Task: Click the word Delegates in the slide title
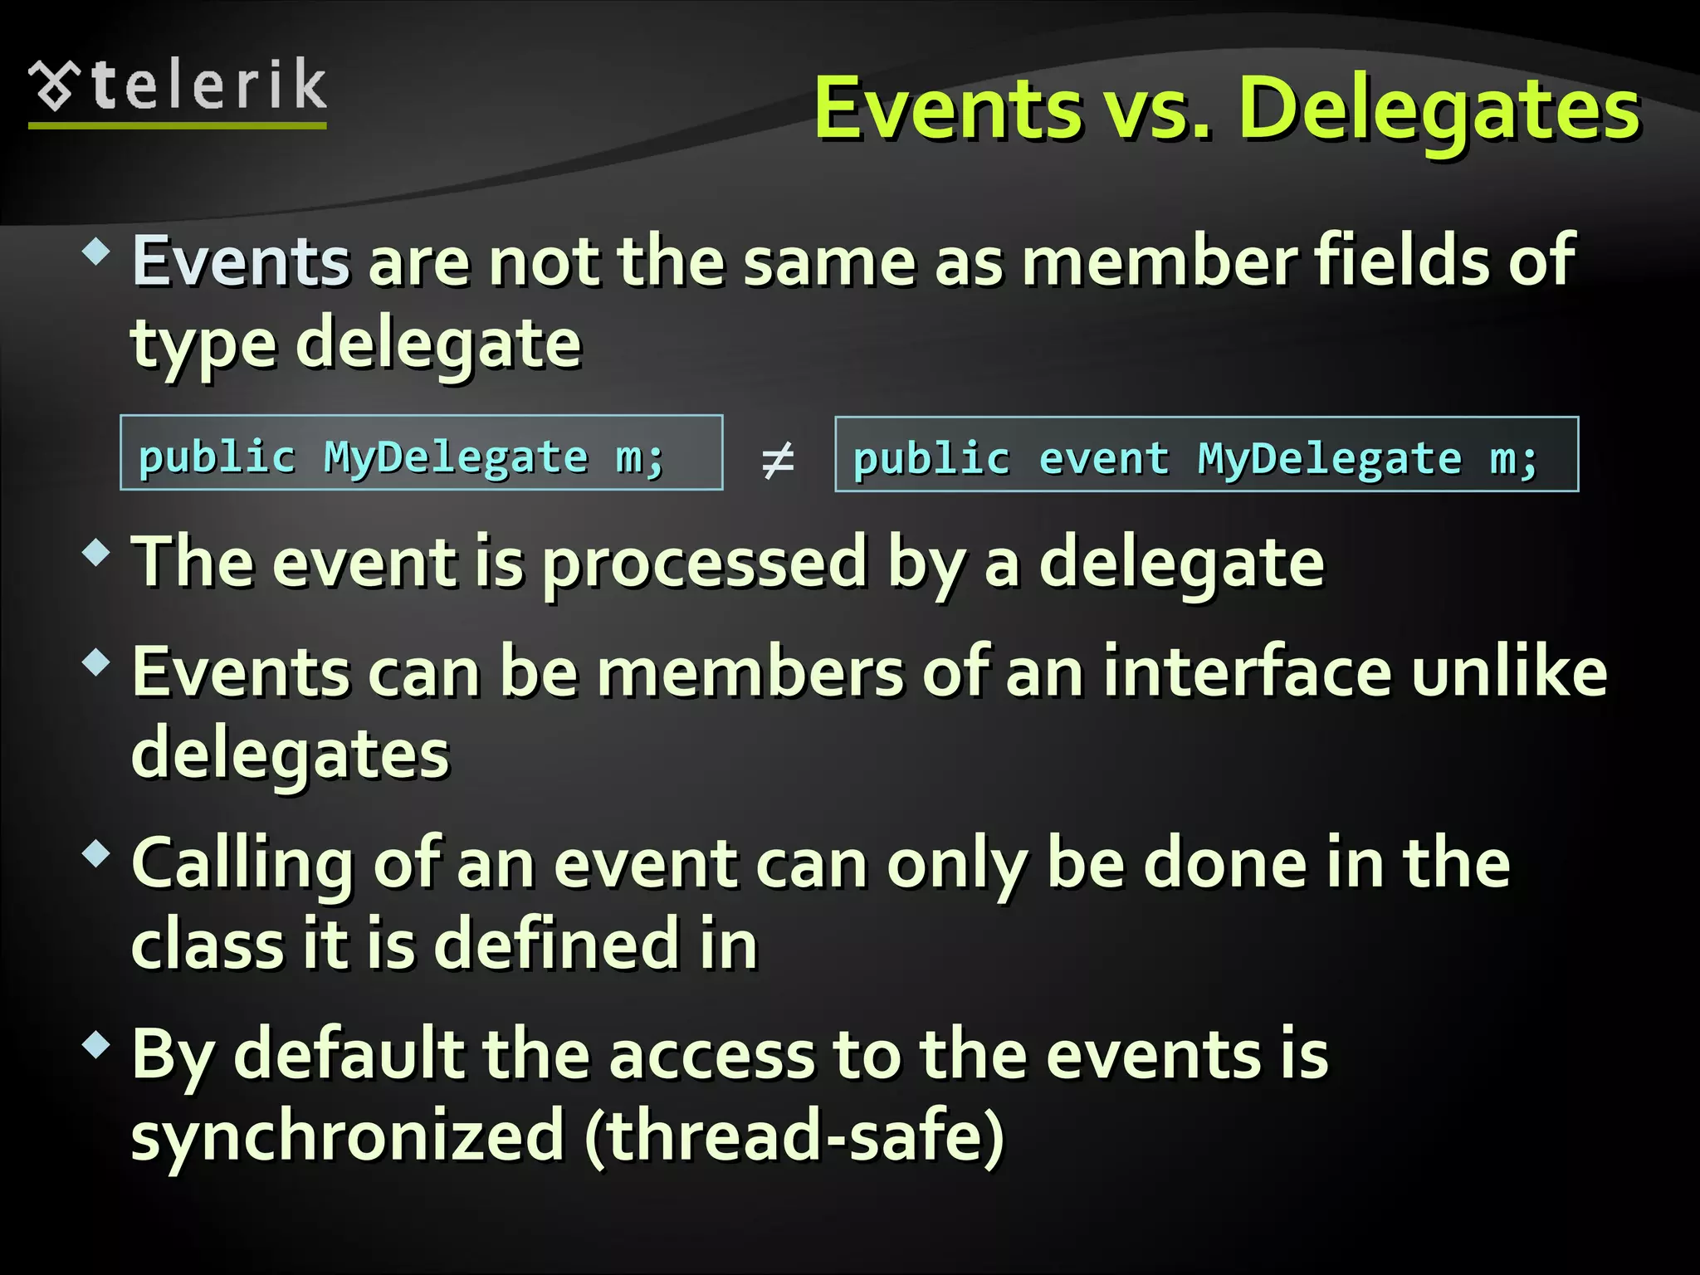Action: (x=1439, y=109)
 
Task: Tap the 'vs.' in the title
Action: (x=1157, y=109)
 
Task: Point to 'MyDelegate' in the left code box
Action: (x=456, y=457)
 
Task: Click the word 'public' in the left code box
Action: (x=217, y=457)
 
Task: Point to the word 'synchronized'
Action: (x=348, y=1136)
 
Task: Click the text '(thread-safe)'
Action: (x=794, y=1136)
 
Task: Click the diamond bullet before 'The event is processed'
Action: (x=97, y=552)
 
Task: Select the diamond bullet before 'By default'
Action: (x=97, y=1043)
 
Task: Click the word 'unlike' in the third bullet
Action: (x=1509, y=672)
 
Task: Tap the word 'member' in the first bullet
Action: (x=1159, y=261)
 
